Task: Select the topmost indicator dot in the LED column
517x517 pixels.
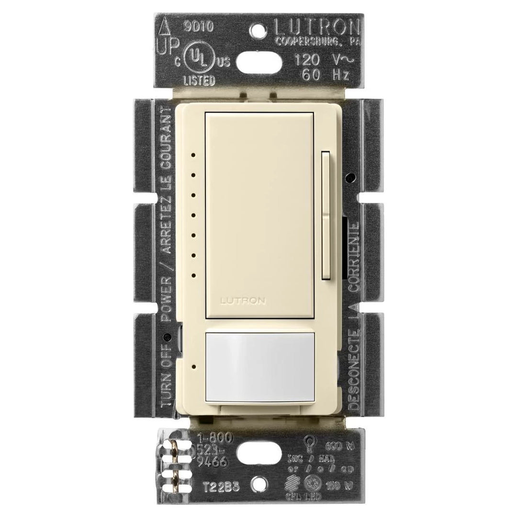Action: pyautogui.click(x=192, y=155)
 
